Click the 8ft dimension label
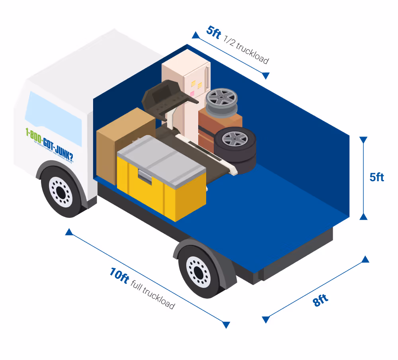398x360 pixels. pos(321,300)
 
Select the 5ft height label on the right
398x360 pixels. pos(377,177)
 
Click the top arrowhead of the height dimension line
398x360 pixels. pos(363,140)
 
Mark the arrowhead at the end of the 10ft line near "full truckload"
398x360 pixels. pos(226,324)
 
